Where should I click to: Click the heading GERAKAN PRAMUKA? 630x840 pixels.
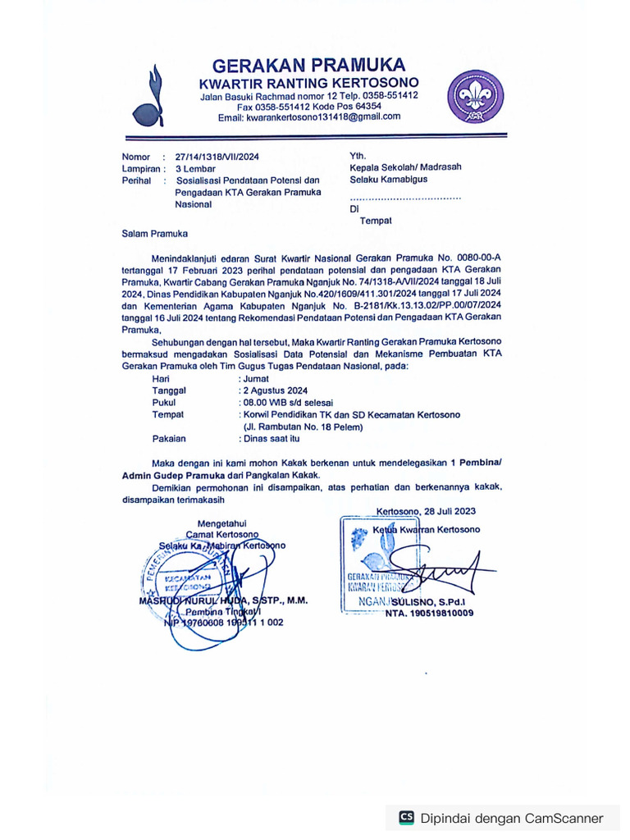coord(308,65)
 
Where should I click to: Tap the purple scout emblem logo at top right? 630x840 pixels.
coord(476,96)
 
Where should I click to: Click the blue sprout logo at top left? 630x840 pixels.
coord(153,96)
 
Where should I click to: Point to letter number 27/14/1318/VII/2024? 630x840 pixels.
coord(217,156)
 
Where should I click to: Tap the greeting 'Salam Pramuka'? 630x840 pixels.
coord(155,234)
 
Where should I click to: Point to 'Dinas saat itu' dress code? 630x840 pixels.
coord(271,439)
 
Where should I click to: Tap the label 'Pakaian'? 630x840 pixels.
coord(169,439)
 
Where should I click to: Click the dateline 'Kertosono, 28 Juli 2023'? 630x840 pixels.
coord(426,511)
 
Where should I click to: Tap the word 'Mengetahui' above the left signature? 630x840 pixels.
coord(221,523)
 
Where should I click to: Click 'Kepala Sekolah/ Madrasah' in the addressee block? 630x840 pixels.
coord(405,167)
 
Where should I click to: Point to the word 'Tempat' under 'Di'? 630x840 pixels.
coord(375,221)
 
